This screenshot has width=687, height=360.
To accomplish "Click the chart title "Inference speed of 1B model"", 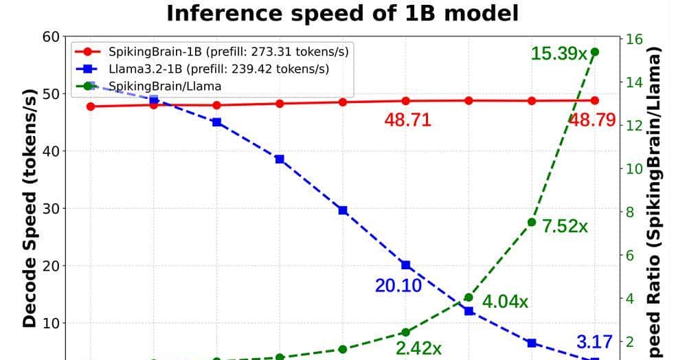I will pos(343,13).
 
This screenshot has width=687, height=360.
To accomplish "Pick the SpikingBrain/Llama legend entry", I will pos(165,86).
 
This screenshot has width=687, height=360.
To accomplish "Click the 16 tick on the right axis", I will pos(632,39).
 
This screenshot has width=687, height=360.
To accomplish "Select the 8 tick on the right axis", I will pos(629,212).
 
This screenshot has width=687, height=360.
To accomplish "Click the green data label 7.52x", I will pos(565,227).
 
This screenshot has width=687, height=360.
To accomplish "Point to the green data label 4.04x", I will pos(505,302).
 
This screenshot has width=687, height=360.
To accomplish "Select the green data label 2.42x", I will pos(418,348).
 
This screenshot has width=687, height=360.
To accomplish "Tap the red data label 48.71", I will pos(407,120).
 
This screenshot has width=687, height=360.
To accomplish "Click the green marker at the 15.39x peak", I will pos(595,52).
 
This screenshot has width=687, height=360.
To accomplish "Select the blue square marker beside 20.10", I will pos(405,265).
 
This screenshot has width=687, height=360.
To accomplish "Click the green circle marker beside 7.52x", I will pos(532,222).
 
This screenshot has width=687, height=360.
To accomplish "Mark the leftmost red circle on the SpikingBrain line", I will pos(90,106).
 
